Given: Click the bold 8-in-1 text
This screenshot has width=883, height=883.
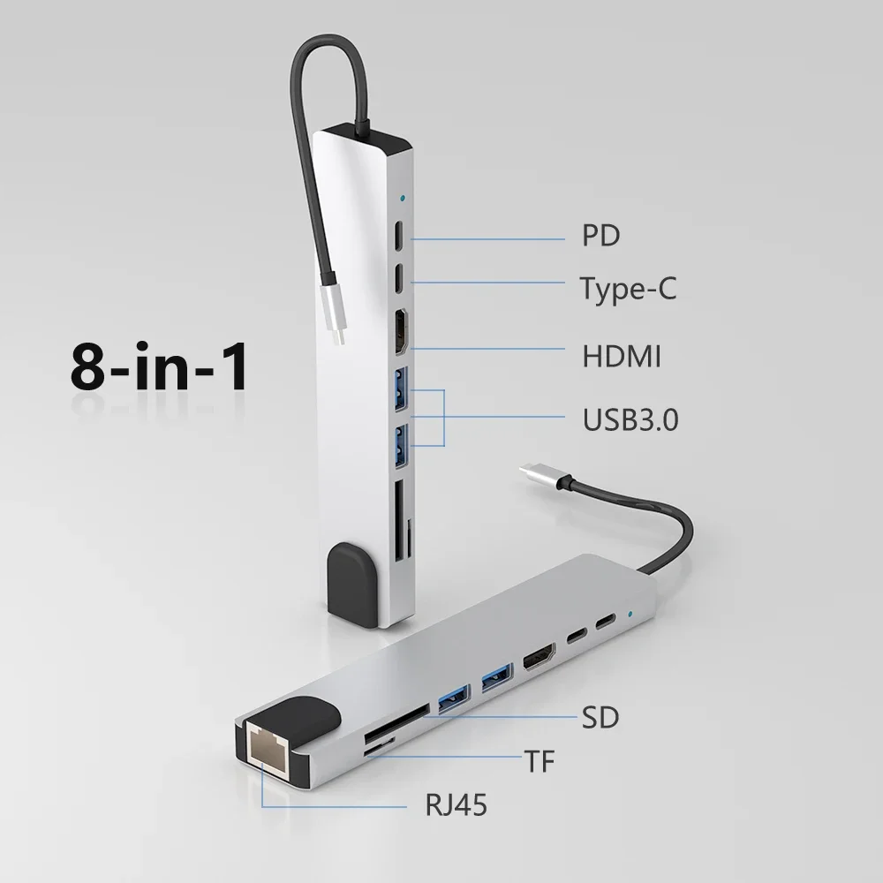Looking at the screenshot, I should click(x=159, y=370).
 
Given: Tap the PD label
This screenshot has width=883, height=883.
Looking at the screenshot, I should click(x=600, y=236).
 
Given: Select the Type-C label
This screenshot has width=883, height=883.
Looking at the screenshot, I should click(x=628, y=288).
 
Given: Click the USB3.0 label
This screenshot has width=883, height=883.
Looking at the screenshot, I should click(x=630, y=419).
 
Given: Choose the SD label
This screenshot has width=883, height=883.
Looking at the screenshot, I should click(x=600, y=717).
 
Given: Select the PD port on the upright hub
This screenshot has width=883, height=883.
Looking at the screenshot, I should click(x=399, y=237).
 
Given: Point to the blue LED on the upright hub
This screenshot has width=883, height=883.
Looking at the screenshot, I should click(x=403, y=199).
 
